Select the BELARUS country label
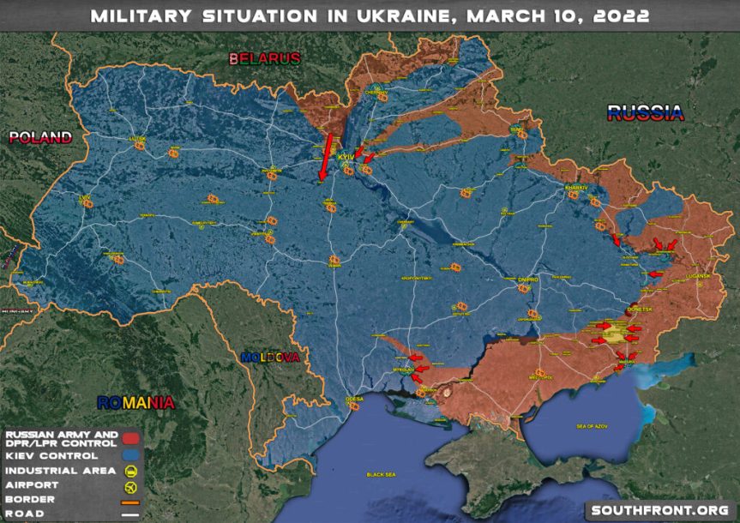(x=265, y=58)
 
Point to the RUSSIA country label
(x=645, y=111)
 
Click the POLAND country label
(x=39, y=137)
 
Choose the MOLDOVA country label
(x=270, y=357)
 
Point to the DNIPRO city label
(x=526, y=280)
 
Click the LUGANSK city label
(x=698, y=276)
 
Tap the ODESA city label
(x=354, y=400)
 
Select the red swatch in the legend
(x=131, y=439)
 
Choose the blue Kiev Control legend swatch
(x=131, y=455)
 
